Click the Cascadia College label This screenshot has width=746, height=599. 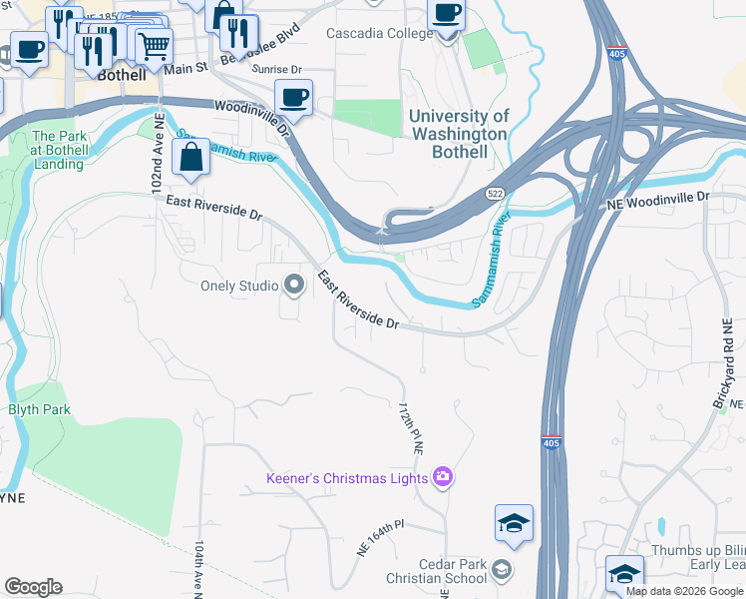coord(380,33)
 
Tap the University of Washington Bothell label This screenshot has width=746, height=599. coord(459,135)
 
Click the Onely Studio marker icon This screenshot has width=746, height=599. coord(293,287)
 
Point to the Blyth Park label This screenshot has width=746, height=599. coord(40,409)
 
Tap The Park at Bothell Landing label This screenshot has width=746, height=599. coord(58,150)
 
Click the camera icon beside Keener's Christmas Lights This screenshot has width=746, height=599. coord(443,478)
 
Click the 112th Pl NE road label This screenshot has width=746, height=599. coord(412,430)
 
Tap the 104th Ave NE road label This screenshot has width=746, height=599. coord(199,569)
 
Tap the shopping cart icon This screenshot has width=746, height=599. coord(153,46)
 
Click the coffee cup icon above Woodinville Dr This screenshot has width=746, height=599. coord(292,97)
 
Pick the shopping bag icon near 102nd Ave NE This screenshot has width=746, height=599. coord(189,156)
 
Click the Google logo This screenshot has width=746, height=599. coord(33,587)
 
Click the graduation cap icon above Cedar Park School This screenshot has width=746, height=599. coord(514,522)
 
